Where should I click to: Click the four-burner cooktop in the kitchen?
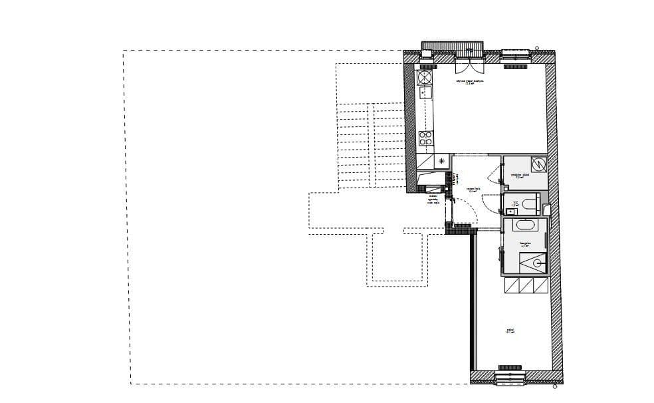point(425,138)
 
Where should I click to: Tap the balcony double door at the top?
point(469,65)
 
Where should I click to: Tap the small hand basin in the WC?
point(510,211)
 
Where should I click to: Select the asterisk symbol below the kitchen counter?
point(441,161)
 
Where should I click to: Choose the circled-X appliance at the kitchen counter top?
point(423,78)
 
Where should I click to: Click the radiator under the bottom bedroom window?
point(510,366)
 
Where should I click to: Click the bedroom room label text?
point(510,330)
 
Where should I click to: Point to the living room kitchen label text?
point(469,80)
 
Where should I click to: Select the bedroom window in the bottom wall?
point(510,378)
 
